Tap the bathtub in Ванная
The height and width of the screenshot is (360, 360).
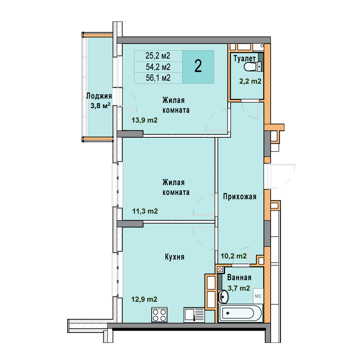click(x=240, y=313)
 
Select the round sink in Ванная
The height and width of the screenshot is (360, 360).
click(x=223, y=297)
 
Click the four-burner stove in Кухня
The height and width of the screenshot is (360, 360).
click(x=159, y=315)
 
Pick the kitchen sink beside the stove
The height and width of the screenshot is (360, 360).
click(x=194, y=315)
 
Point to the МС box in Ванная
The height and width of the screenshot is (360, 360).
click(x=258, y=296)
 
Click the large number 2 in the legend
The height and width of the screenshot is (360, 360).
click(x=198, y=66)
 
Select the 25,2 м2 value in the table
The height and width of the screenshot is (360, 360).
click(x=158, y=56)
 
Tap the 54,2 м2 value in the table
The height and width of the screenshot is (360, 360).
click(x=158, y=67)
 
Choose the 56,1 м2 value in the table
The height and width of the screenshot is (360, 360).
click(x=158, y=78)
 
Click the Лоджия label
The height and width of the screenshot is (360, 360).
click(x=99, y=96)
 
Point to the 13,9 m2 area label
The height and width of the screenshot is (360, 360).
click(x=144, y=120)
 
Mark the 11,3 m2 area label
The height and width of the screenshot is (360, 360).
click(x=145, y=211)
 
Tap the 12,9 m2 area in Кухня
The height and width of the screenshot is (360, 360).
click(x=144, y=299)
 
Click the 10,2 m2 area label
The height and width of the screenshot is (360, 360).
click(x=233, y=256)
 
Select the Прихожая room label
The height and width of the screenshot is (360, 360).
click(x=240, y=197)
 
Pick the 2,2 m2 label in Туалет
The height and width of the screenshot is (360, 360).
click(x=250, y=81)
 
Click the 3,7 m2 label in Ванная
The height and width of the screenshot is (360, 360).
click(x=239, y=288)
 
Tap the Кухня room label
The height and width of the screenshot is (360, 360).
click(x=174, y=257)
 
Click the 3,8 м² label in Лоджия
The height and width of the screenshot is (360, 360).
click(x=100, y=106)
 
